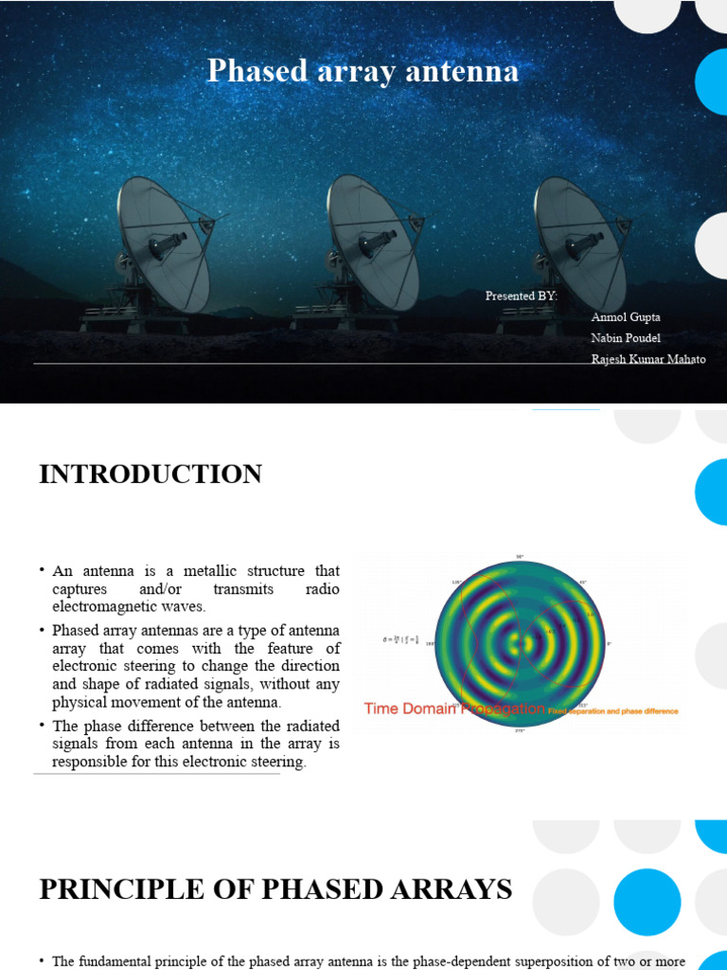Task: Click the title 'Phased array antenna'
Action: [x=363, y=71]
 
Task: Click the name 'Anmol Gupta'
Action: [x=626, y=316]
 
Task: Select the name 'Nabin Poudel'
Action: [x=626, y=337]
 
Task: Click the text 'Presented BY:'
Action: [x=522, y=296]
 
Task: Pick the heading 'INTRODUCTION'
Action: [x=151, y=475]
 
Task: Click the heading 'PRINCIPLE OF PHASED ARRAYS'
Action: [x=275, y=889]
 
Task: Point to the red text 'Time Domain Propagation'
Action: [x=454, y=709]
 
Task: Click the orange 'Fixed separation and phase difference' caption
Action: [x=613, y=710]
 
